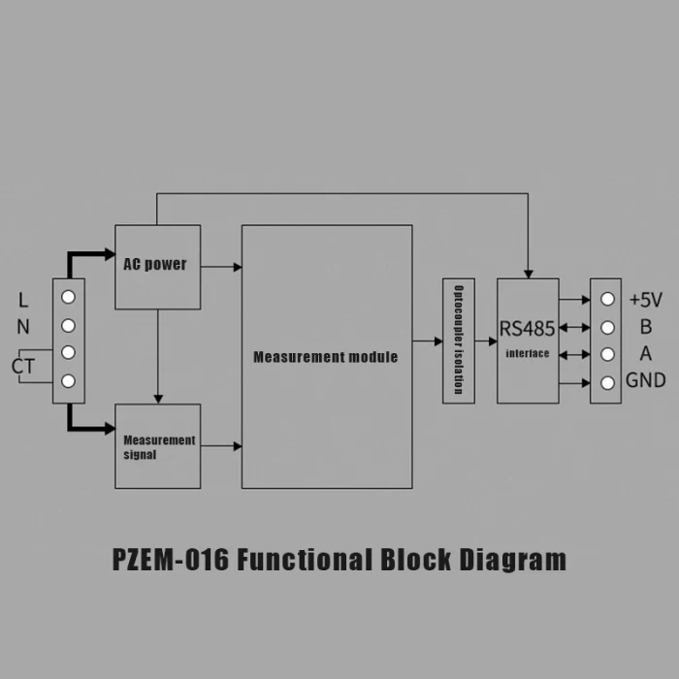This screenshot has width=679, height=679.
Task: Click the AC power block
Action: coord(157,267)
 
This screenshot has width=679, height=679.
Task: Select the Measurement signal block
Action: coord(157,446)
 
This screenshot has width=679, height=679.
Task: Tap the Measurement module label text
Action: coord(325,357)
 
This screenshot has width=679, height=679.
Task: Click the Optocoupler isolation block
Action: coord(459,341)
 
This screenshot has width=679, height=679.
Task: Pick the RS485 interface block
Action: coord(528,340)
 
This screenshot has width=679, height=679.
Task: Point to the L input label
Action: coord(23,300)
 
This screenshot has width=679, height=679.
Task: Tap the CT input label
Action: coord(23,367)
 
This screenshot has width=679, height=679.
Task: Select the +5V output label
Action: coord(646,300)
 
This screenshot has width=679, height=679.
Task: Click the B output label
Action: coord(645,327)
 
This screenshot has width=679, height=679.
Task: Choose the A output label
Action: coord(645,354)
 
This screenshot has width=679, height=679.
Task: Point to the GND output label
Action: coord(646,380)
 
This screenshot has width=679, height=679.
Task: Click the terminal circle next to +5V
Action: coord(606,300)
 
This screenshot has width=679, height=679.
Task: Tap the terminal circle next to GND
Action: coord(606,382)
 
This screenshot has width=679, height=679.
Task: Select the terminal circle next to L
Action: coord(69,297)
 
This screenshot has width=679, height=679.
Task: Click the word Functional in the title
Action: coord(305,561)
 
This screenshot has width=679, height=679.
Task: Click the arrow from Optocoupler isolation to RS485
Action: coord(486,340)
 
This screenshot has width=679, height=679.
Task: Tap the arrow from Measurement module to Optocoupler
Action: coord(428,340)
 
